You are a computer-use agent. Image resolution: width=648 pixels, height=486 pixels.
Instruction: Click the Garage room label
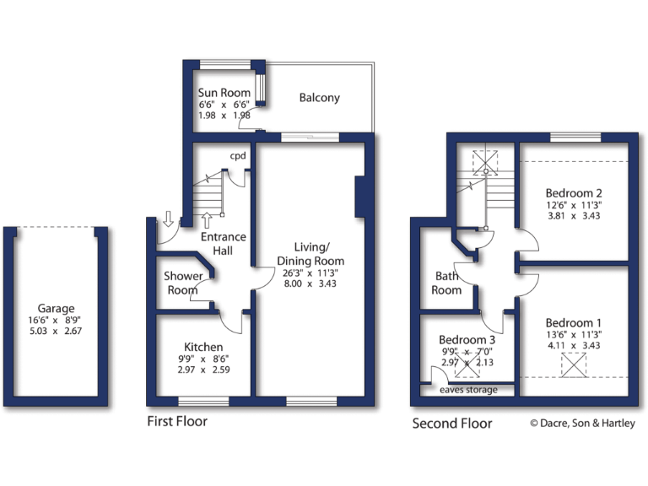click(56, 309)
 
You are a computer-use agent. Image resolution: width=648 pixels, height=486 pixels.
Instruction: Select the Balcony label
click(320, 98)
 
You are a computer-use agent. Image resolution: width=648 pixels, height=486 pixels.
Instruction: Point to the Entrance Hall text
click(223, 245)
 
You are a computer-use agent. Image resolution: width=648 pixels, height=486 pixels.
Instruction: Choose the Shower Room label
click(183, 283)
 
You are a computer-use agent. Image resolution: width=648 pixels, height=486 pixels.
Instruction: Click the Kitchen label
click(203, 347)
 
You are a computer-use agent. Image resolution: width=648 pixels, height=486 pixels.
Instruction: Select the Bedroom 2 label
click(574, 192)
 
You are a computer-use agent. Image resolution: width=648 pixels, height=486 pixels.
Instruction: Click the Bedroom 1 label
click(574, 323)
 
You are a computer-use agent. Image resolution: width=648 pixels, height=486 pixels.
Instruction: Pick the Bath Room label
click(447, 283)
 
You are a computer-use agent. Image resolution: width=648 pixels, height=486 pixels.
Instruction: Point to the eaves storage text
click(467, 390)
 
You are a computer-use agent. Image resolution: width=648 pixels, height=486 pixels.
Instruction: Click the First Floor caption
click(176, 421)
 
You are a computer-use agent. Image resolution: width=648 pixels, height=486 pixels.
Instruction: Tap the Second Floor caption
click(451, 423)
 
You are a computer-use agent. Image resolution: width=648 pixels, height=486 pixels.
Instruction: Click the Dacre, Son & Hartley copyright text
click(582, 424)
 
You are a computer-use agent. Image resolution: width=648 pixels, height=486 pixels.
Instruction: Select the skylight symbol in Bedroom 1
click(574, 365)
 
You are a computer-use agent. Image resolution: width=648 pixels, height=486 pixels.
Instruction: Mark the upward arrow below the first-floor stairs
click(208, 221)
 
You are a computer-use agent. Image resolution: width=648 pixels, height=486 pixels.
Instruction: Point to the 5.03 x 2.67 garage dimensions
click(56, 332)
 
